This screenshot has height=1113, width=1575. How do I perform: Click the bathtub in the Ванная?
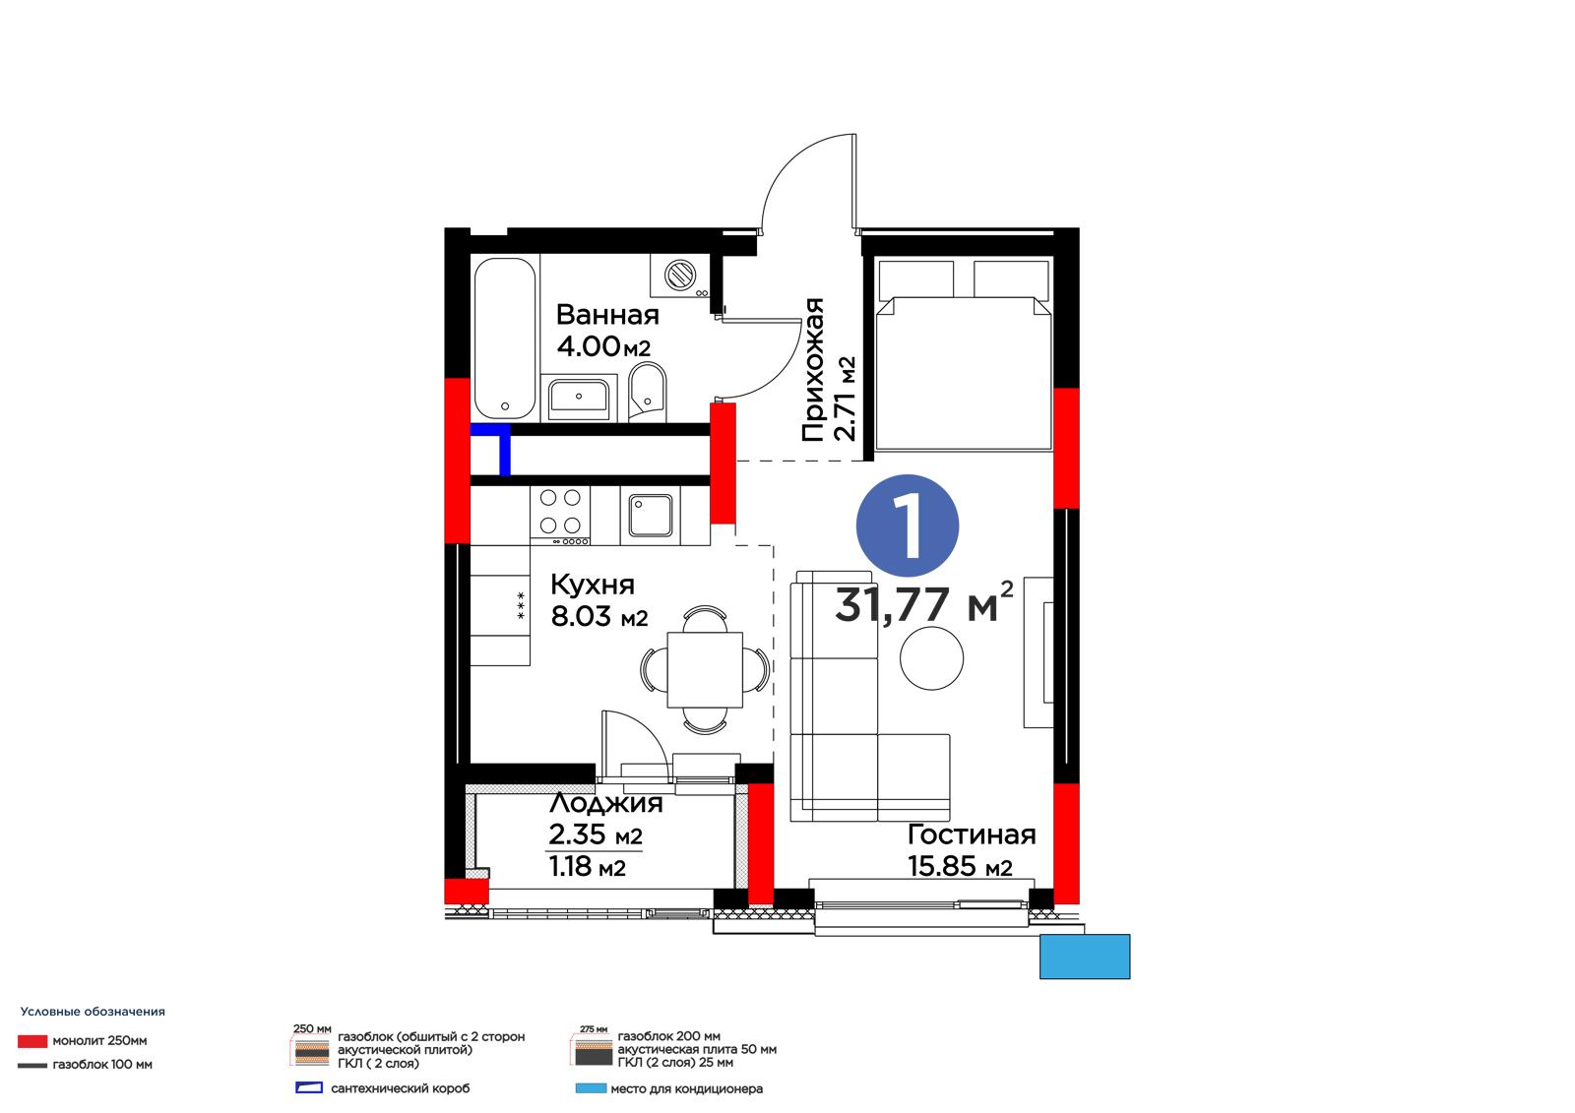(x=506, y=339)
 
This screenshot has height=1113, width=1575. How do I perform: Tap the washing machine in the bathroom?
(x=680, y=276)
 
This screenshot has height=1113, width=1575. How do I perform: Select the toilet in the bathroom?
(x=647, y=392)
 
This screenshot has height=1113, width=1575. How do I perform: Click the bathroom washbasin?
(x=579, y=398)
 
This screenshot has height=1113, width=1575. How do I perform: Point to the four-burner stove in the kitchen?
(x=560, y=516)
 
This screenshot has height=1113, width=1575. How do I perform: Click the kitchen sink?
(x=651, y=515)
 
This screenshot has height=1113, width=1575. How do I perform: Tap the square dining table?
(x=705, y=669)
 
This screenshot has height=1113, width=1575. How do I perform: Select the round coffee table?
(x=931, y=658)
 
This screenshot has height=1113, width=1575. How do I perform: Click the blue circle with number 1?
(x=907, y=526)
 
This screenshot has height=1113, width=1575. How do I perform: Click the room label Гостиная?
(x=971, y=835)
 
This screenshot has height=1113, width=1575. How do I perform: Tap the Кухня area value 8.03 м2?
(x=599, y=616)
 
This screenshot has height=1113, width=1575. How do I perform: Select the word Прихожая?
(x=812, y=369)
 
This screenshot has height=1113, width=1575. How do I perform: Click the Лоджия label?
(x=605, y=802)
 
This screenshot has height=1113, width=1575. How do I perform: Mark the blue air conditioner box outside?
(x=1084, y=957)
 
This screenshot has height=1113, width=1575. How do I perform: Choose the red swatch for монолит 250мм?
(x=32, y=1040)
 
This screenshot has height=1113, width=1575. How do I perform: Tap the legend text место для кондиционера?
(x=686, y=1089)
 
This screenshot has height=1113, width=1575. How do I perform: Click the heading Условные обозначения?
(x=93, y=1012)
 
